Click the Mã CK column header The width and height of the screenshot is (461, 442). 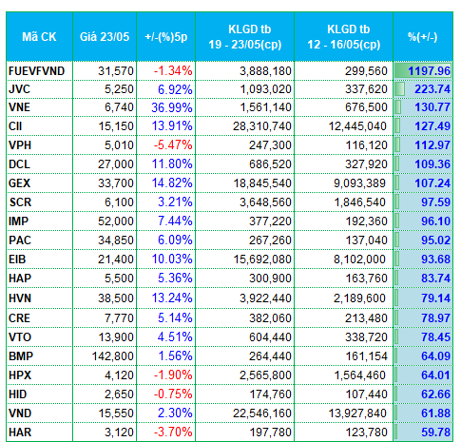[39, 37]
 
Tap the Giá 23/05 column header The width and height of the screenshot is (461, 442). [105, 37]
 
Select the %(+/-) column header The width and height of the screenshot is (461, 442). [423, 37]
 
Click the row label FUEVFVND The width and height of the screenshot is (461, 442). [36, 71]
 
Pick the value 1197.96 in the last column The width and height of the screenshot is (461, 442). [429, 71]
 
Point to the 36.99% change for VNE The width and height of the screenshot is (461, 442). [172, 107]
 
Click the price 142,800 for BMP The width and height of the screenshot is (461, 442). [113, 356]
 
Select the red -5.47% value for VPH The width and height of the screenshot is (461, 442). [173, 145]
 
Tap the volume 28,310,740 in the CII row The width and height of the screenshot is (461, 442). [262, 126]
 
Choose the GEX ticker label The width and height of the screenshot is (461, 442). [19, 183]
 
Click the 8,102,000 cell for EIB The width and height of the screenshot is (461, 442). [359, 259]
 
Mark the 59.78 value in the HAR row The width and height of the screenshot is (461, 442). [435, 432]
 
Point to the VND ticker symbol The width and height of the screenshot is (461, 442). [20, 413]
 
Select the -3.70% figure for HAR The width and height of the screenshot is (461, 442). [173, 432]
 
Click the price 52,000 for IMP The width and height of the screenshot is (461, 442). [116, 221]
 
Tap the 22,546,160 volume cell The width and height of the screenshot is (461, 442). [262, 413]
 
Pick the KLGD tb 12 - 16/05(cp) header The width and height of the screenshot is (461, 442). [344, 37]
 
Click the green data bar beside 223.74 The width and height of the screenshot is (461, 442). [399, 89]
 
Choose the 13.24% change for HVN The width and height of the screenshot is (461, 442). [172, 298]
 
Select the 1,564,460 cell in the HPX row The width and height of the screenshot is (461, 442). [360, 375]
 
